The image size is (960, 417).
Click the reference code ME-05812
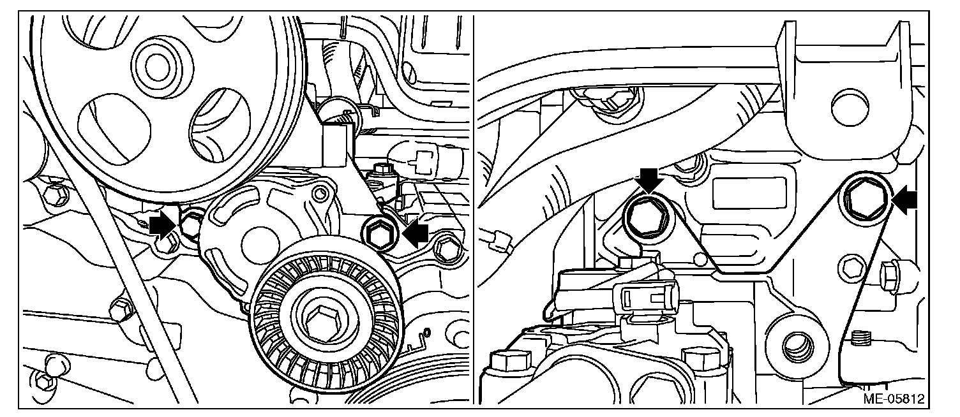pyautogui.click(x=893, y=399)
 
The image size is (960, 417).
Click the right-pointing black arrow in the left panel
pyautogui.click(x=163, y=224)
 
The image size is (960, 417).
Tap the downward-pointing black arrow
pyautogui.click(x=649, y=180)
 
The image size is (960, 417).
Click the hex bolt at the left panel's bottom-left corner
pyautogui.click(x=45, y=381)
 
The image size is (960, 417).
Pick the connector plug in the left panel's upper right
pyautogui.click(x=426, y=155)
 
